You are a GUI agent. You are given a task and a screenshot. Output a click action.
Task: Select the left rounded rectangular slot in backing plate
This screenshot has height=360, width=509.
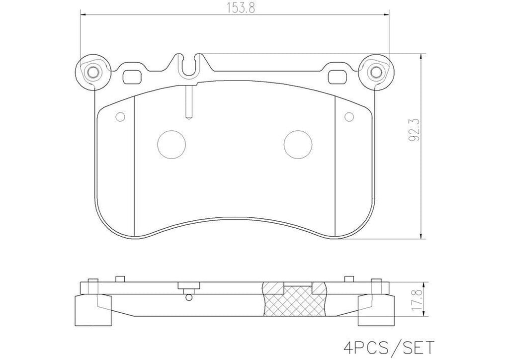132,77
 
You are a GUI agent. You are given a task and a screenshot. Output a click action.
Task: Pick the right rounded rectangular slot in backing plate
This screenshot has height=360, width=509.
338,77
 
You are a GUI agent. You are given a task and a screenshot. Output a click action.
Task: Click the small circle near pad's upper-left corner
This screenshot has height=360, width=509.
119,117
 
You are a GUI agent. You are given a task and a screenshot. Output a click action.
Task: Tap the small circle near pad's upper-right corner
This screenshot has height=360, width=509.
348,117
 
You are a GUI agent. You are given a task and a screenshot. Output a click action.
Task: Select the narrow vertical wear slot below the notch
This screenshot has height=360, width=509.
188,102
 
